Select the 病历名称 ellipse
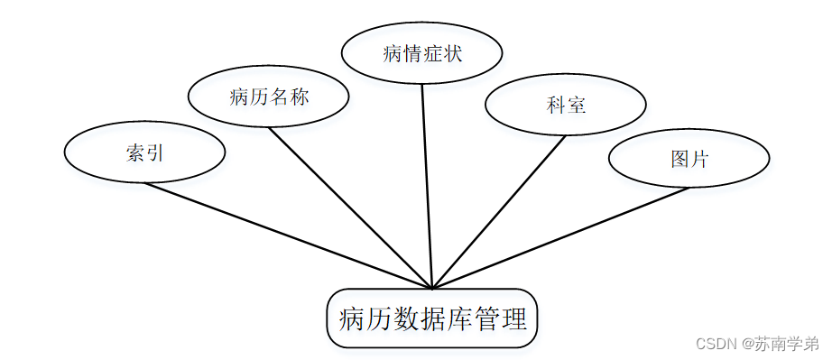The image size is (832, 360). click(x=269, y=97)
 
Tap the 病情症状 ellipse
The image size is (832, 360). click(x=421, y=53)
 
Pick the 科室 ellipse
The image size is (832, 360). click(x=566, y=105)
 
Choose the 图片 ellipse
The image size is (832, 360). click(x=689, y=159)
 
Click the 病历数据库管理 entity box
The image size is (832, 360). click(x=432, y=318)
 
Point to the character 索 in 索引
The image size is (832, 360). click(x=135, y=152)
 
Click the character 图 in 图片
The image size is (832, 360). click(x=680, y=160)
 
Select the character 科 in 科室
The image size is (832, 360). click(x=556, y=106)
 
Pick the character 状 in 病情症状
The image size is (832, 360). click(x=452, y=54)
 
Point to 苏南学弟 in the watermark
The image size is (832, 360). click(x=787, y=344)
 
